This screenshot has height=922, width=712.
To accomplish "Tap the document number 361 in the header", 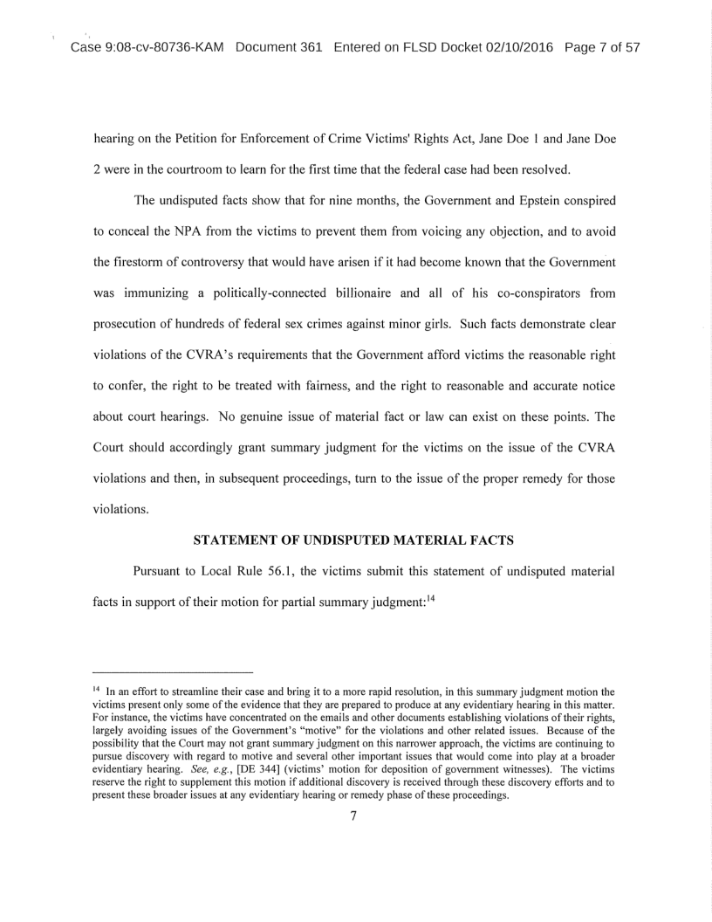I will pos(306,47).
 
